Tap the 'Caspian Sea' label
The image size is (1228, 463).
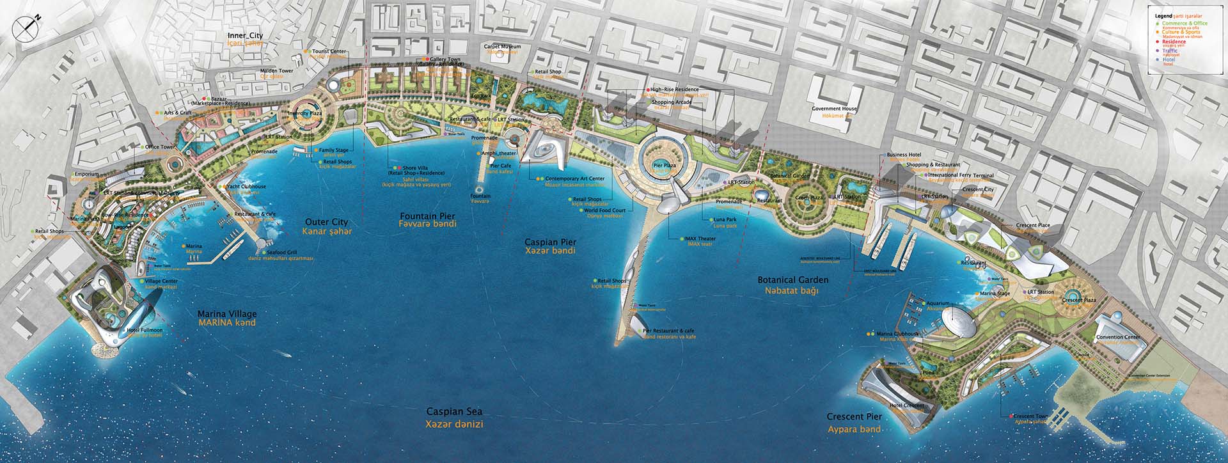455,412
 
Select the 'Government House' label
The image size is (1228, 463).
834,109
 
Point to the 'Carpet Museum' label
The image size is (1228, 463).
502,47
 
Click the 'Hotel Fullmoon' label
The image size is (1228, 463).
145,330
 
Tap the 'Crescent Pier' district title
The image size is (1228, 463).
854,417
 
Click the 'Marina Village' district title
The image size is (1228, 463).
227,314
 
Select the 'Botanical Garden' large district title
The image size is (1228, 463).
792,280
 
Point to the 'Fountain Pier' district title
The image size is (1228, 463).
427,216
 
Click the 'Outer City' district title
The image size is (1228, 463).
326,222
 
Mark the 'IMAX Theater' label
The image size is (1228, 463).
702,239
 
